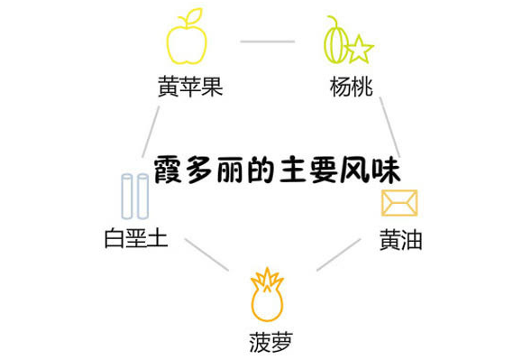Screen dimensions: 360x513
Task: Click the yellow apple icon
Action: [187, 41]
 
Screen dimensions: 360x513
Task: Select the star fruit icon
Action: [346, 43]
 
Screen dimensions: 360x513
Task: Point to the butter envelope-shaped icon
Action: [398, 203]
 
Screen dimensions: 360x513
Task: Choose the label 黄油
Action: [400, 241]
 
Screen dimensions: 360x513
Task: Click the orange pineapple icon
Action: [267, 297]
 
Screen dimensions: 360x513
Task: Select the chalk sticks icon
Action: [135, 198]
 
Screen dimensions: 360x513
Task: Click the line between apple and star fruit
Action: [267, 41]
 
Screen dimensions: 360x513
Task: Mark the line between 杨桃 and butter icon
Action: [389, 126]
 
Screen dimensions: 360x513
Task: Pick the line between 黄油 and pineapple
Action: [338, 255]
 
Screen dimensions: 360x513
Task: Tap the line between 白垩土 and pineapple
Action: [206, 254]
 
